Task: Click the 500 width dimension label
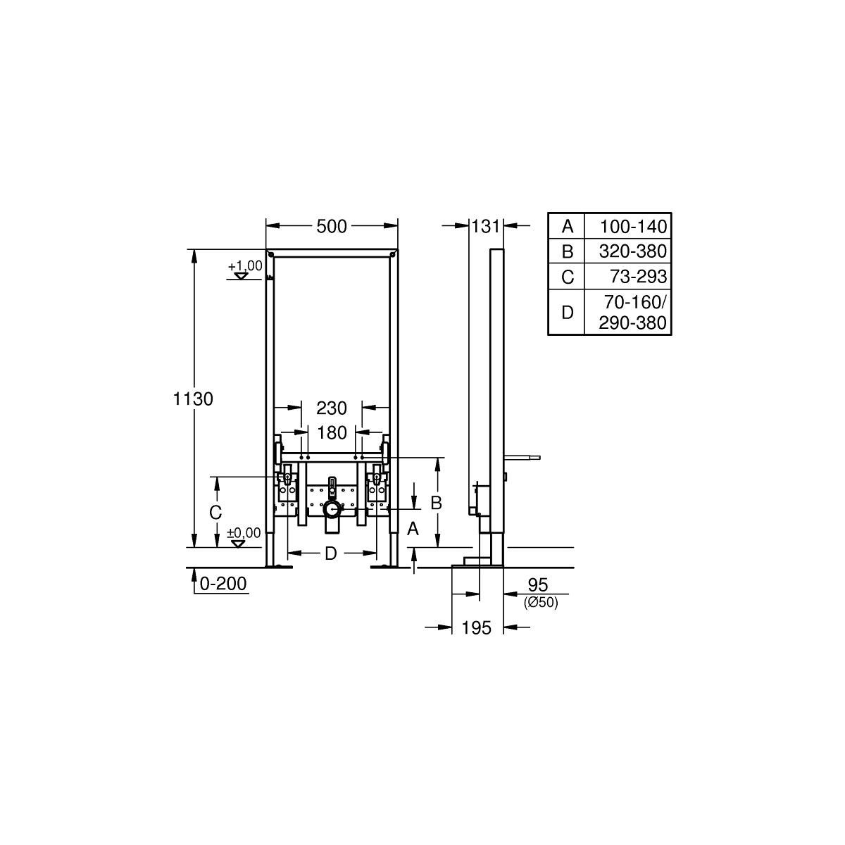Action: pyautogui.click(x=331, y=226)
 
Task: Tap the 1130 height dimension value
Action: pyautogui.click(x=193, y=399)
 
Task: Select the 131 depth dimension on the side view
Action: pyautogui.click(x=485, y=226)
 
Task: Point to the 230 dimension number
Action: pyautogui.click(x=332, y=408)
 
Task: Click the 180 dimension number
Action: pyautogui.click(x=332, y=433)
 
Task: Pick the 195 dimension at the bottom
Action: pyautogui.click(x=477, y=628)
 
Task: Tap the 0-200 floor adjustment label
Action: pyautogui.click(x=223, y=584)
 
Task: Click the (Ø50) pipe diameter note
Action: pyautogui.click(x=541, y=603)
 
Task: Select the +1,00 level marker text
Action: pyautogui.click(x=245, y=265)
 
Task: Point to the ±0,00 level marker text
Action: pyautogui.click(x=244, y=533)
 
